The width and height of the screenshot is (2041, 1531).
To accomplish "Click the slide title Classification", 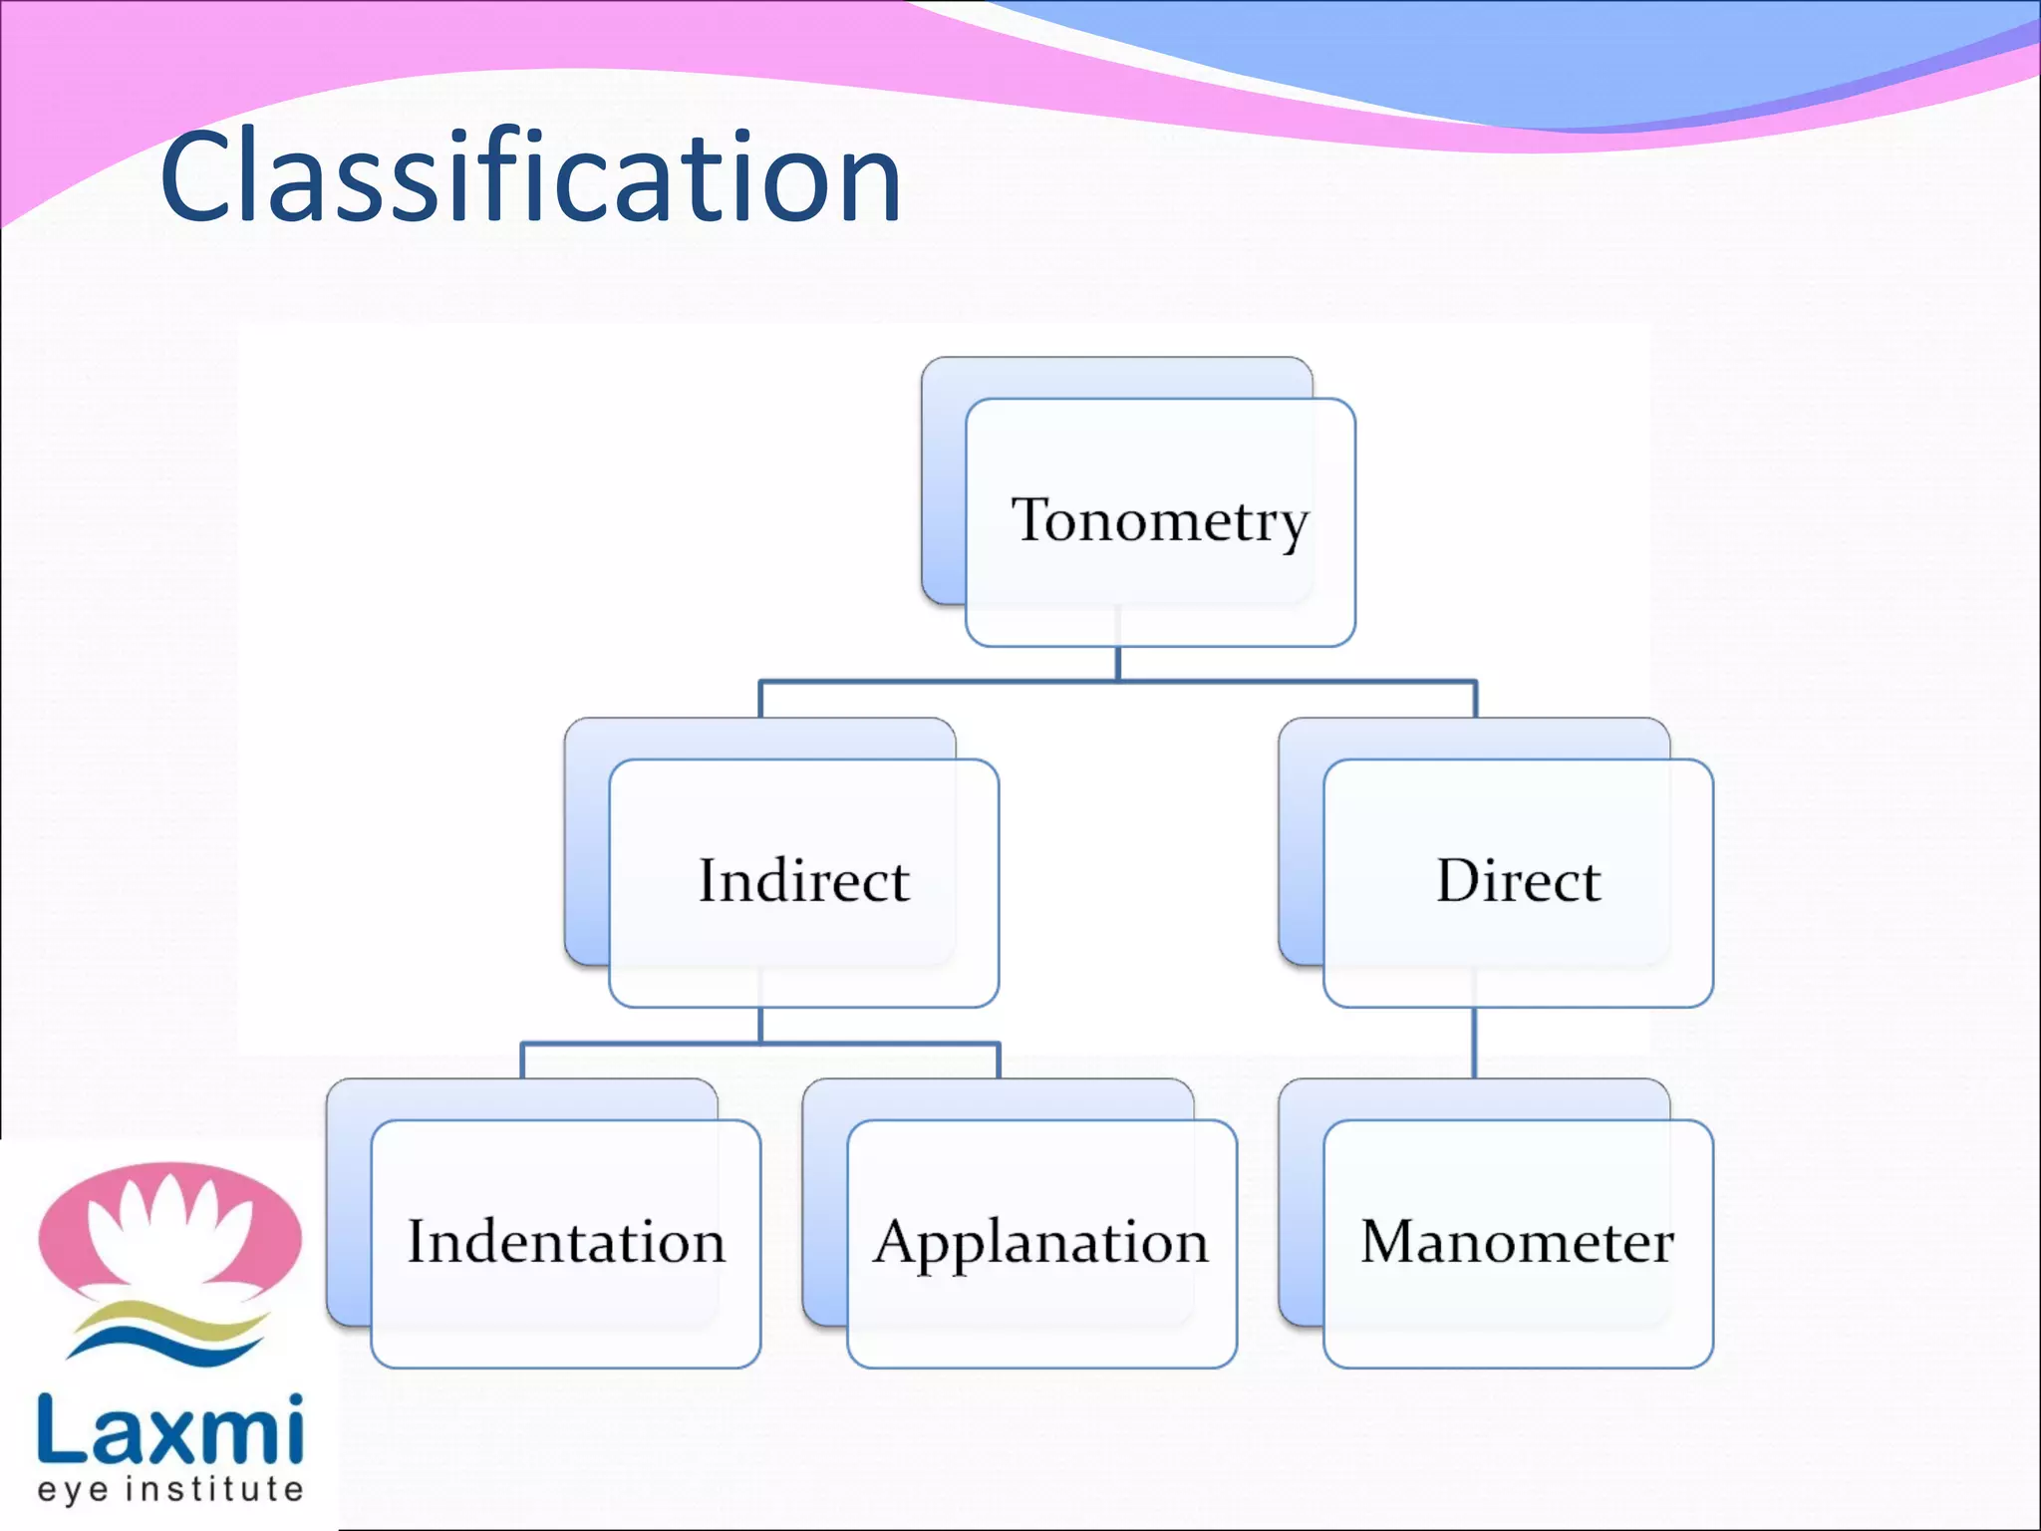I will point(530,177).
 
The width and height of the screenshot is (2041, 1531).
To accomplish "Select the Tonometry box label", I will point(1159,520).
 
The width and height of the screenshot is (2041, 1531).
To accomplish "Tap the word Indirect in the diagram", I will point(803,881).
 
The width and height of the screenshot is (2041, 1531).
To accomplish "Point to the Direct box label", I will point(1518,881).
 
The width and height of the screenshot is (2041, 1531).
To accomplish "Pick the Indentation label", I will point(566,1242).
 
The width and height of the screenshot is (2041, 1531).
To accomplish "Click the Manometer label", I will point(1517,1242).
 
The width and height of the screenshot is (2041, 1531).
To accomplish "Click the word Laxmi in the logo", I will point(169,1429).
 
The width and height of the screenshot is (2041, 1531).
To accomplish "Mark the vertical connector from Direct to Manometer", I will point(1475,1043).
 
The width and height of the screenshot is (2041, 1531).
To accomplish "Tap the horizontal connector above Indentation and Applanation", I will point(760,1044).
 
